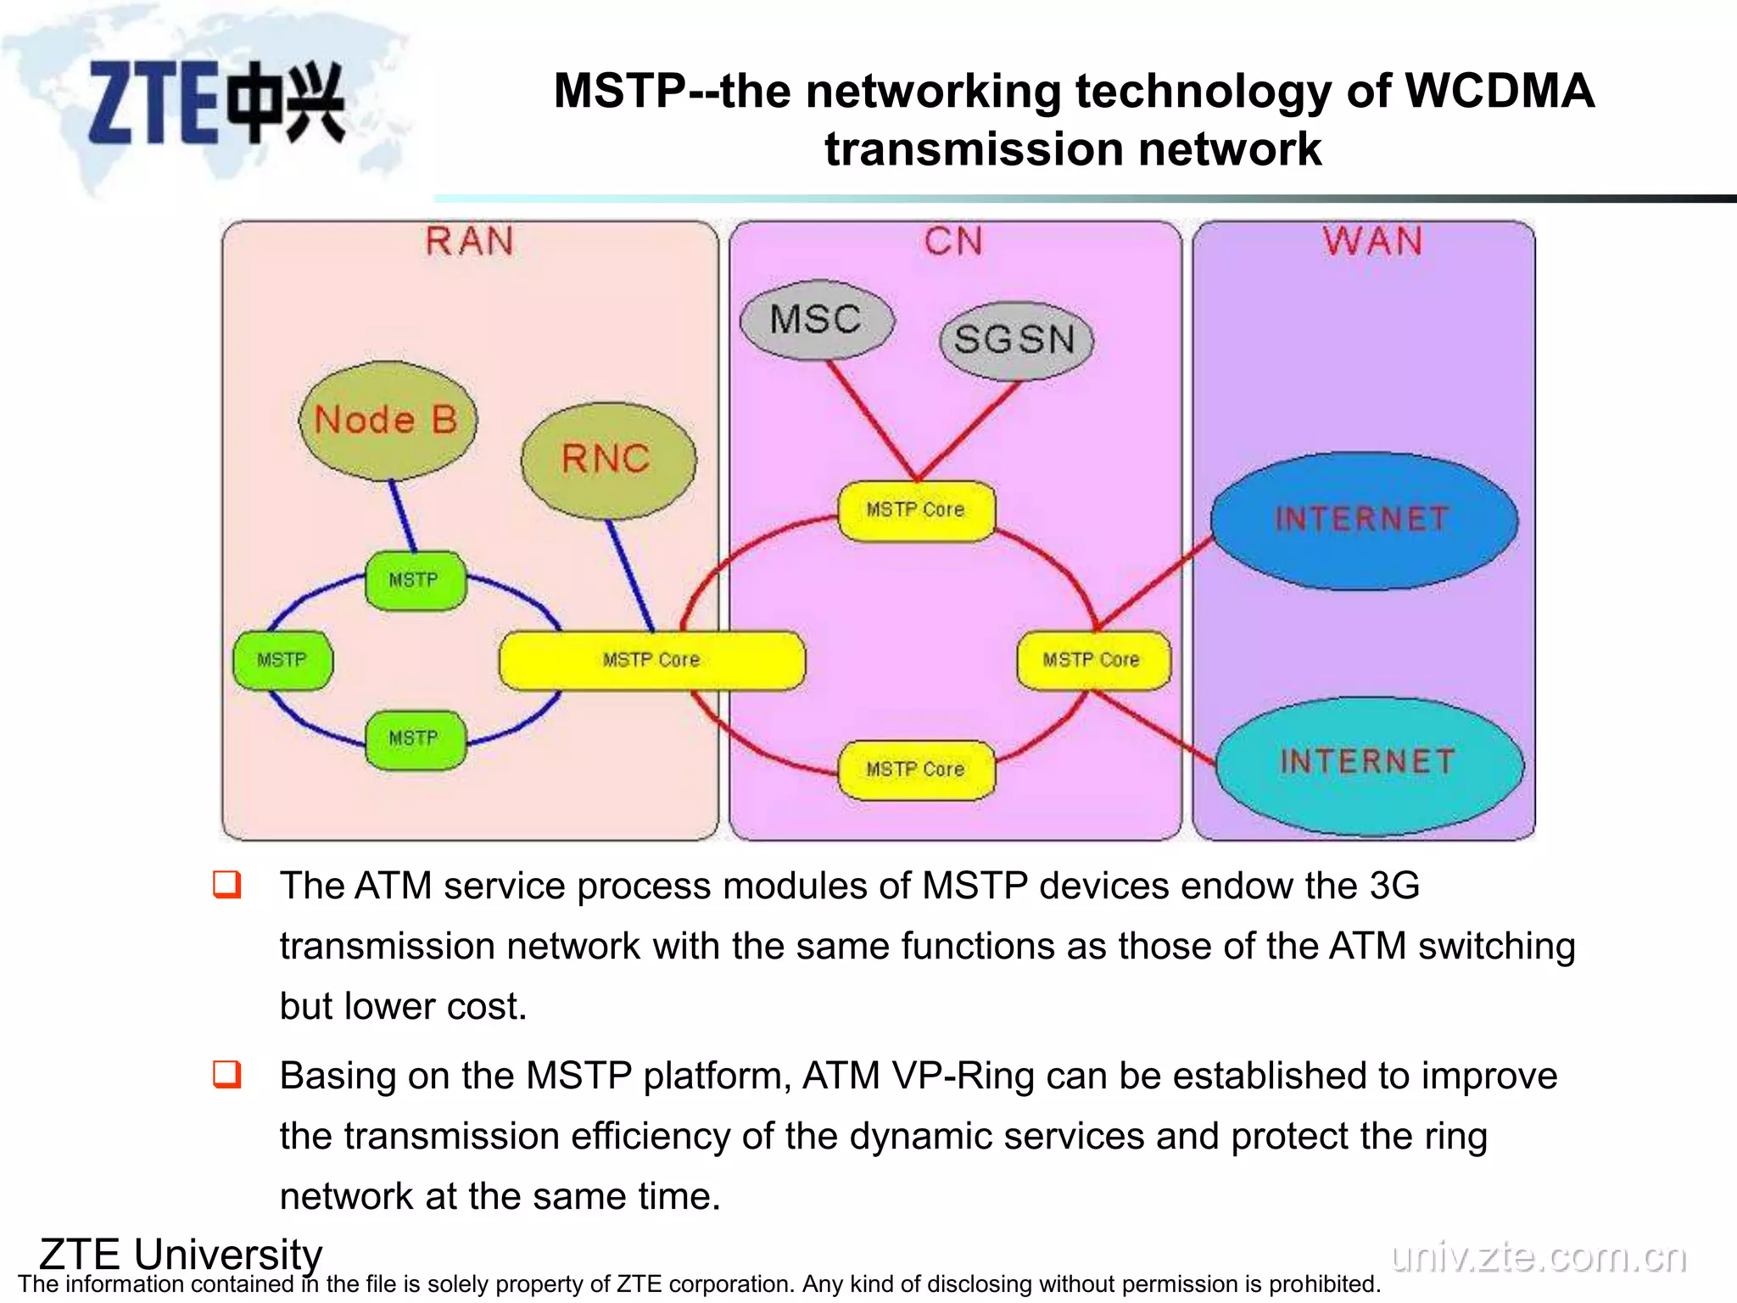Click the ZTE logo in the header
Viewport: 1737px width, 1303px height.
[x=216, y=103]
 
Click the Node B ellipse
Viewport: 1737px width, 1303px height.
[x=387, y=421]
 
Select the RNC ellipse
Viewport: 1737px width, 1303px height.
[x=607, y=460]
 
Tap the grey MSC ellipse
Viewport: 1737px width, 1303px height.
[x=816, y=320]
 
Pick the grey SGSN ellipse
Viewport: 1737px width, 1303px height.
[x=1015, y=340]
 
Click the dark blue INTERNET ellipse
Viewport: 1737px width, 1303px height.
[x=1363, y=519]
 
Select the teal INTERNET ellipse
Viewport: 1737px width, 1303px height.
[x=1368, y=763]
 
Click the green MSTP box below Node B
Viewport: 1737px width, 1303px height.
[x=415, y=580]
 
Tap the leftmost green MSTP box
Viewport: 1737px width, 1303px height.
[x=282, y=660]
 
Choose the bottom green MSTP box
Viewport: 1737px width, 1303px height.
[x=415, y=739]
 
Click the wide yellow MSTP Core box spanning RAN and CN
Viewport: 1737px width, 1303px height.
[x=651, y=660]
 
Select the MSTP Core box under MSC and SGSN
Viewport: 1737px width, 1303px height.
[x=916, y=510]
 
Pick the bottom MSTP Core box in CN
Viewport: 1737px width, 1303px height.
[x=916, y=769]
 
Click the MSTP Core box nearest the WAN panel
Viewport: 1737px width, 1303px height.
[x=1092, y=660]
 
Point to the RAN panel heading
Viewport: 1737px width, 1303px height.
[x=469, y=242]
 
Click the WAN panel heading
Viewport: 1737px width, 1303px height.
[x=1372, y=242]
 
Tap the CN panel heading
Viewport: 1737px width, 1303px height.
[x=954, y=242]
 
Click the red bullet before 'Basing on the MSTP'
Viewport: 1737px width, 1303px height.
[x=226, y=1074]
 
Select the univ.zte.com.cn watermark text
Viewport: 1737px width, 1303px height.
[x=1539, y=1257]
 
